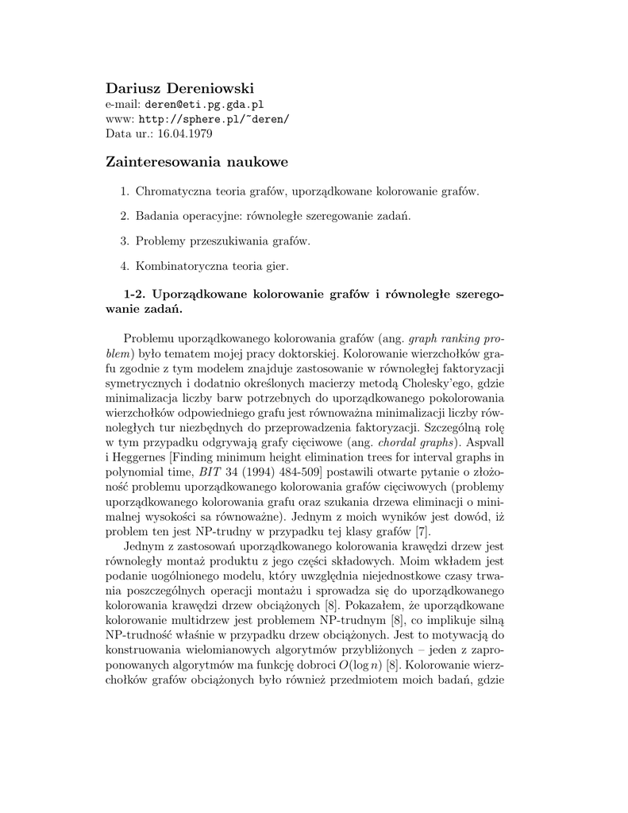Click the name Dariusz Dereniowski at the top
pyautogui.click(x=179, y=87)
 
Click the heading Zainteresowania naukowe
pyautogui.click(x=196, y=163)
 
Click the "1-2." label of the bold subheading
pyautogui.click(x=128, y=294)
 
